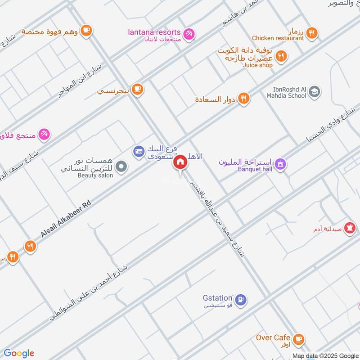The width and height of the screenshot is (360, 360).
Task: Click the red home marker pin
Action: tap(180, 162)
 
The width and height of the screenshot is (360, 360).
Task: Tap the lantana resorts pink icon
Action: tap(189, 33)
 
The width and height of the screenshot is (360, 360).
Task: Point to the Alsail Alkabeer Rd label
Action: tap(66, 220)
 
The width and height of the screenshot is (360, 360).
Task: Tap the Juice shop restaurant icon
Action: tap(282, 56)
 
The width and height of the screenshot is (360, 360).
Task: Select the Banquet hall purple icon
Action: tap(280, 164)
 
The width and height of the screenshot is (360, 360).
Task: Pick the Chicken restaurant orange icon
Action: tap(311, 33)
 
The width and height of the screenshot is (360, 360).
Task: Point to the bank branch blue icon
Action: tap(138, 151)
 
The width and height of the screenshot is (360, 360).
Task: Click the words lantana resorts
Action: tap(154, 32)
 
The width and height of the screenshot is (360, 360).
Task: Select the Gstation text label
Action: tap(217, 298)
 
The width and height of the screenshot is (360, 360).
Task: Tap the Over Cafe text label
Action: tap(273, 337)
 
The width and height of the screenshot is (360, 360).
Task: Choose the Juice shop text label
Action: tap(258, 65)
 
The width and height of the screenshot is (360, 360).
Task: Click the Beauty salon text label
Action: tap(94, 175)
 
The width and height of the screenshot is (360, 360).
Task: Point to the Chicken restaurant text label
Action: tap(278, 39)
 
